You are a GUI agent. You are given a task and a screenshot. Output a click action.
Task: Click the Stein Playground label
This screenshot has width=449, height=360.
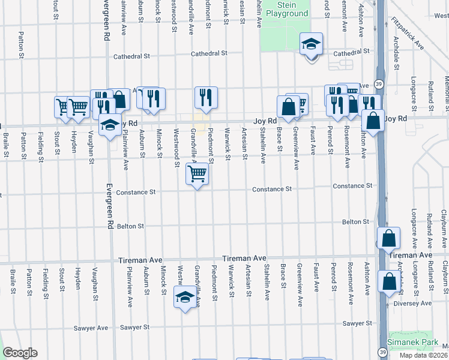pos(286,9)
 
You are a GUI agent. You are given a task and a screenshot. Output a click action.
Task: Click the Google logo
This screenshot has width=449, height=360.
pos(20,353)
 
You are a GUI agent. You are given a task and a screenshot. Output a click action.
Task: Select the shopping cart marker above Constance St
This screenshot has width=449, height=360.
pos(197,175)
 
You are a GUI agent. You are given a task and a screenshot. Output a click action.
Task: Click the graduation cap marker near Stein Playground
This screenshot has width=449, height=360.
pos(312,44)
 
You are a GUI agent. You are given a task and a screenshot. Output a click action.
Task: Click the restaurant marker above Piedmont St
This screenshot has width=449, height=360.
pos(206,97)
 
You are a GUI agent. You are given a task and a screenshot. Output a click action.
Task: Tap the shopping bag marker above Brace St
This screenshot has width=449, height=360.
pos(288,106)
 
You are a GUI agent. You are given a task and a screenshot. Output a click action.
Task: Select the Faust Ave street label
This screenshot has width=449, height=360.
pos(313,142)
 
